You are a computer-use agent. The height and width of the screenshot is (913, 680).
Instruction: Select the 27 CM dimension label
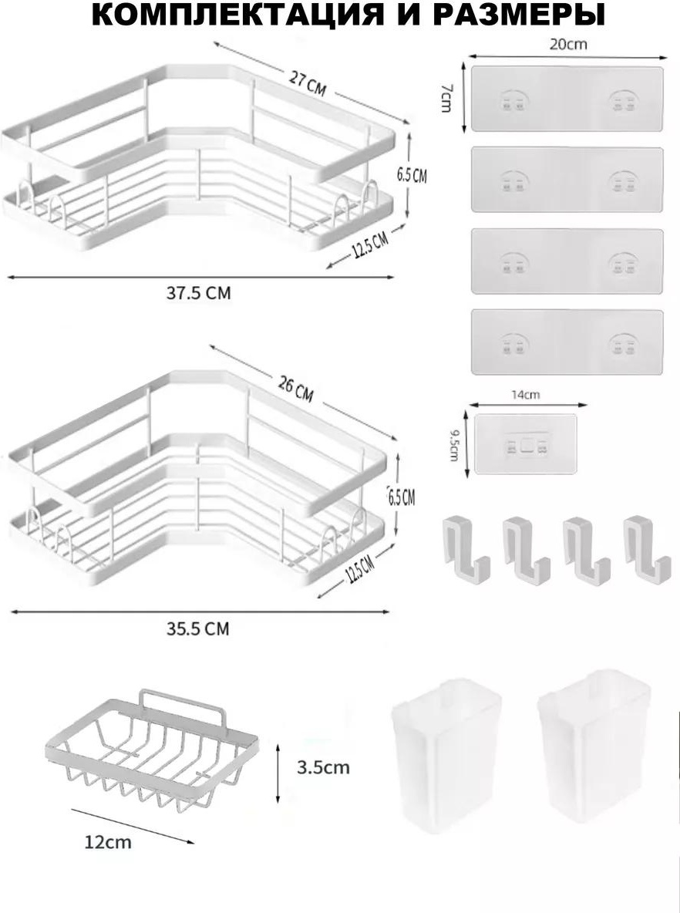click(308, 84)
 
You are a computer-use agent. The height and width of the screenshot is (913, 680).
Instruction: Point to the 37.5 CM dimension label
click(199, 293)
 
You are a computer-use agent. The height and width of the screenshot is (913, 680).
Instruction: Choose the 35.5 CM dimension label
click(198, 629)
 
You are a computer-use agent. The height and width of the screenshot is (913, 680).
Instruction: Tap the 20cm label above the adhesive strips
click(568, 44)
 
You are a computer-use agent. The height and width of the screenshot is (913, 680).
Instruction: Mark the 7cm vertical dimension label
click(446, 98)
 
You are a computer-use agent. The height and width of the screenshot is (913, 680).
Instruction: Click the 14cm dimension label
click(526, 395)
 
